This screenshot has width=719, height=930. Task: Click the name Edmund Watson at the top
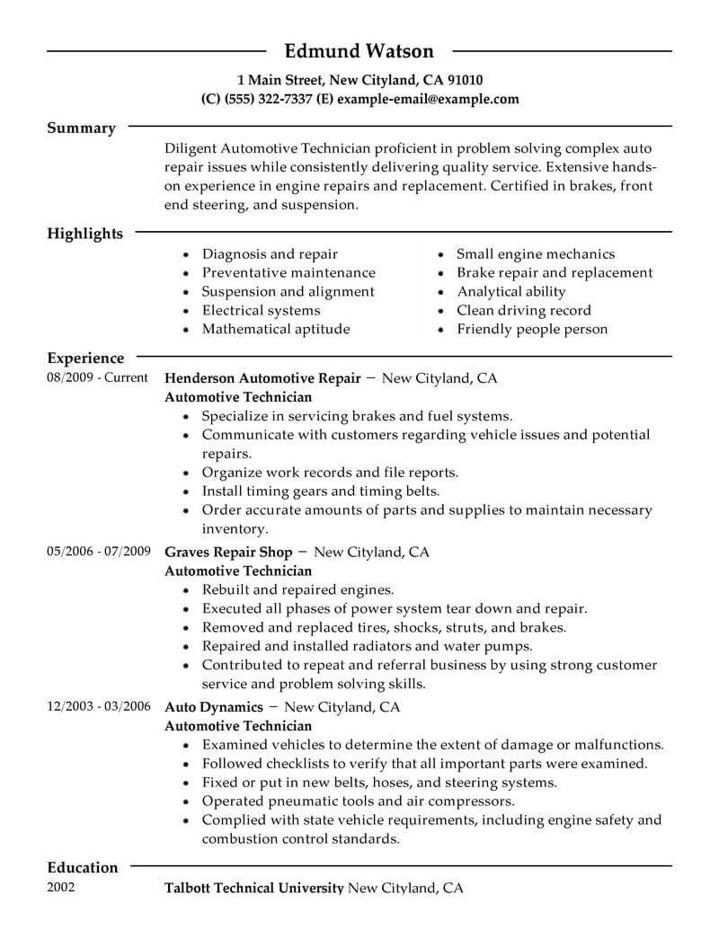[x=359, y=50]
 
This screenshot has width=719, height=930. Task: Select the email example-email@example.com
[x=428, y=99]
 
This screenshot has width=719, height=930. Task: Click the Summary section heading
[x=81, y=128]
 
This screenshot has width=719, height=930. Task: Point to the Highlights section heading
[x=84, y=234]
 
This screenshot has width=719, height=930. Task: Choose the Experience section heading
[x=85, y=358]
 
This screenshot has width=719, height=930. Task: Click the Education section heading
[x=82, y=867]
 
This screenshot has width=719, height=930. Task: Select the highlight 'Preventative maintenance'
[x=288, y=273]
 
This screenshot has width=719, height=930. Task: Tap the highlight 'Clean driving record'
[x=524, y=311]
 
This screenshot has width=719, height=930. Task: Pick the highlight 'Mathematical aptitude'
[x=275, y=329]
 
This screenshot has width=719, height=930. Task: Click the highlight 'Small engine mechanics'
[x=536, y=254]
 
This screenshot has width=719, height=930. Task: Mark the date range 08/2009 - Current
[x=97, y=378]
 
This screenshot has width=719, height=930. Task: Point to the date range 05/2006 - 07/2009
[x=98, y=552]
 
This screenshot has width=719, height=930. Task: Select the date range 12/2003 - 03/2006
[x=98, y=707]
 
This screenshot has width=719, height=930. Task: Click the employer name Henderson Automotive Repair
[x=262, y=378]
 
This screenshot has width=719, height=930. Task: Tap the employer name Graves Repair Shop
[x=228, y=552]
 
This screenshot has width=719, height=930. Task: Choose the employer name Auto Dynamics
[x=214, y=707]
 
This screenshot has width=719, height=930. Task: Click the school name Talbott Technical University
[x=254, y=889]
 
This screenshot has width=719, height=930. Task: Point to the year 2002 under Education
[x=61, y=888]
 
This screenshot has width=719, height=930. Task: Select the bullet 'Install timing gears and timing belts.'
[x=320, y=492]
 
